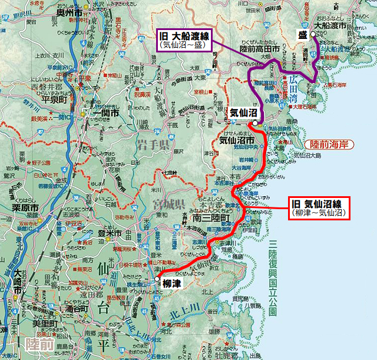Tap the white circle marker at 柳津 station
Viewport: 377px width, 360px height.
157,280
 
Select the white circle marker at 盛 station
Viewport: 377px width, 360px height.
313,35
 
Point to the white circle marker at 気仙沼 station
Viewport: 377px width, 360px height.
252,123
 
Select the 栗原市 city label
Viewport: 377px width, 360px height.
26,208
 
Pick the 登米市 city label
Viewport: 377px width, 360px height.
109,233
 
